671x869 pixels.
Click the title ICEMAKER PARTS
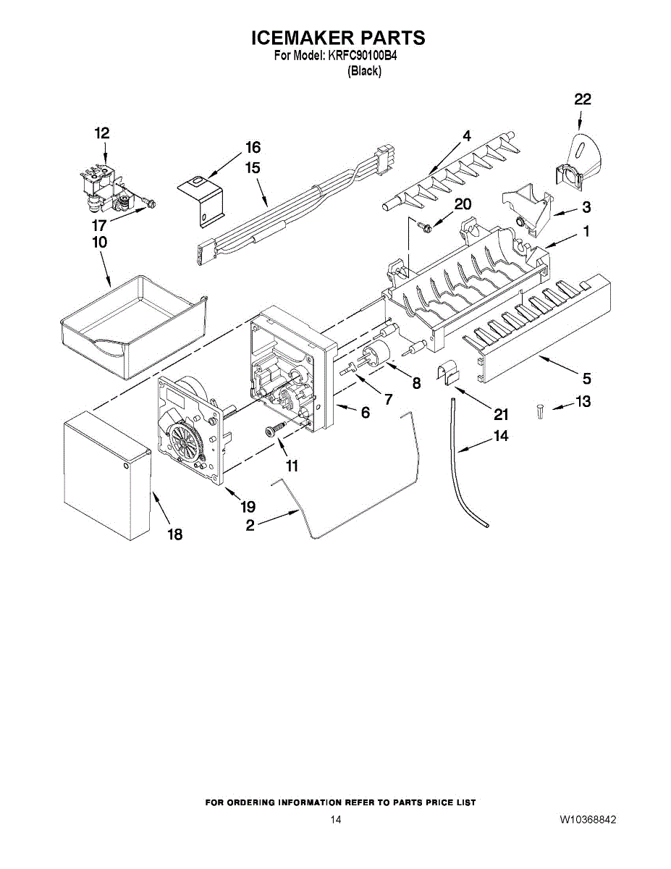337,38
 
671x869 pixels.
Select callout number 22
583,100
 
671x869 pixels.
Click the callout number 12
102,133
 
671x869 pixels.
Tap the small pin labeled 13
540,411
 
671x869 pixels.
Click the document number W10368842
587,820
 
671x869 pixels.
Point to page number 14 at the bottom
335,820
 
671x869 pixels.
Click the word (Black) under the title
365,71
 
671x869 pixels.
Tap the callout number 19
248,508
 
